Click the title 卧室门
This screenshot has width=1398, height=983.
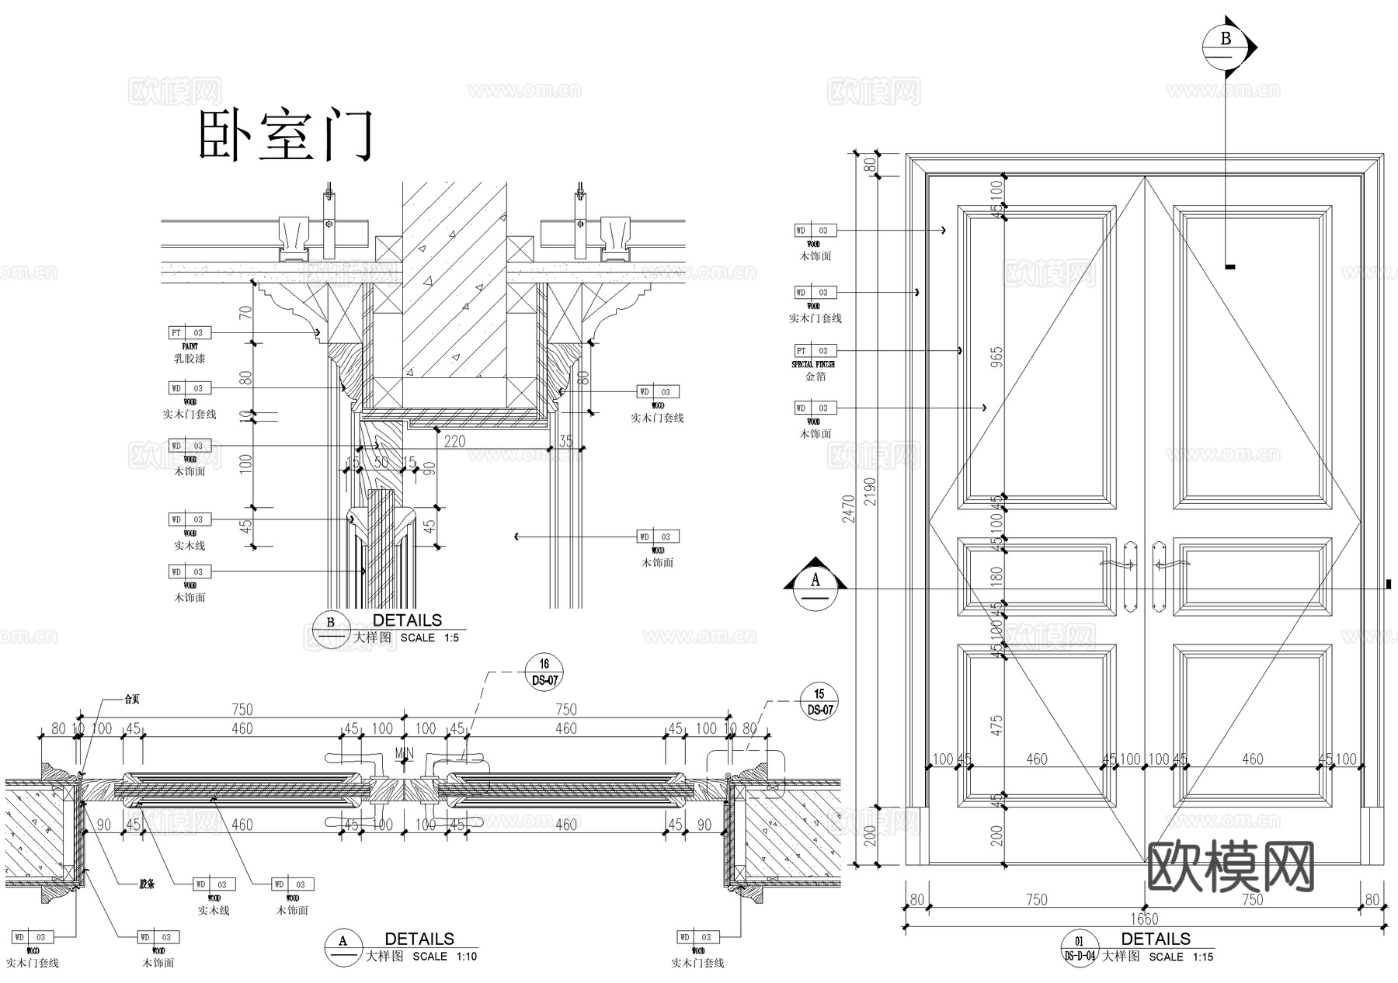[x=286, y=136]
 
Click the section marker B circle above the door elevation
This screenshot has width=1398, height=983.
[x=1226, y=47]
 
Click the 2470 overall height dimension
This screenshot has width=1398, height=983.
[x=848, y=509]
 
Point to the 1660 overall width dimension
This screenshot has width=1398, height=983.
[x=1145, y=919]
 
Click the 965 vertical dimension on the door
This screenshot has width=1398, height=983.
[x=997, y=356]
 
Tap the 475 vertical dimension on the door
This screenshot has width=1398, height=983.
[x=997, y=725]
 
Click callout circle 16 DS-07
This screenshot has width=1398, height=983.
[x=544, y=672]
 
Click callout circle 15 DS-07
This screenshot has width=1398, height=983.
[x=819, y=702]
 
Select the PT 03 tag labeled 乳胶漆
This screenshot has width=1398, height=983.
[x=190, y=333]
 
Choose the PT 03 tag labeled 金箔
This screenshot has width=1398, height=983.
[x=815, y=351]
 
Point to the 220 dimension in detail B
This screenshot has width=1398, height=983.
[x=454, y=441]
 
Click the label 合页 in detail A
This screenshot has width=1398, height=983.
[x=133, y=699]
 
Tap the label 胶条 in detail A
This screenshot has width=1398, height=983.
[x=147, y=883]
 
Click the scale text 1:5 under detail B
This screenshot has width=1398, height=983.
[x=451, y=638]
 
